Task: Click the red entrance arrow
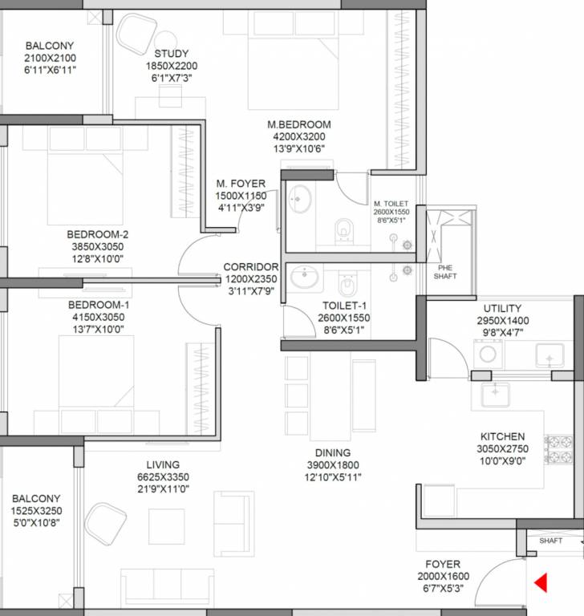(x=541, y=582)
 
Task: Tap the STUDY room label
(x=171, y=55)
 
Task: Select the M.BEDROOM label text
(x=299, y=125)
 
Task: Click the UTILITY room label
(x=502, y=308)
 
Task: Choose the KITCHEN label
(x=502, y=437)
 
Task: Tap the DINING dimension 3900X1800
(x=332, y=465)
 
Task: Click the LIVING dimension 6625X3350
(x=162, y=477)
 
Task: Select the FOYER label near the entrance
(x=443, y=564)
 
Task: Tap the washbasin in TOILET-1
(x=305, y=278)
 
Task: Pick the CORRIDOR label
(x=251, y=267)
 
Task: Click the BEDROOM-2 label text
(x=98, y=235)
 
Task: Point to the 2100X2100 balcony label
(x=50, y=59)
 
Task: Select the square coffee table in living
(x=166, y=526)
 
